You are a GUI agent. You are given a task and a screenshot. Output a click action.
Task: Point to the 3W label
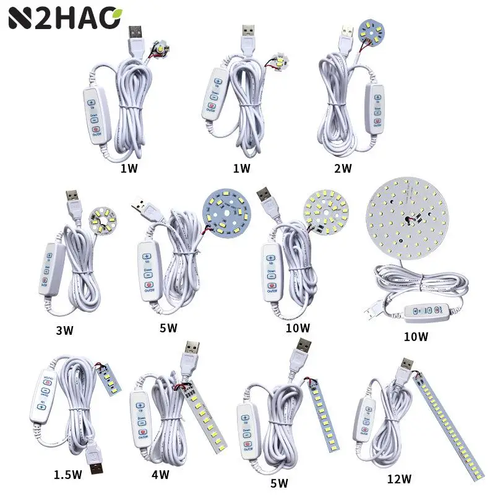(x=64, y=330)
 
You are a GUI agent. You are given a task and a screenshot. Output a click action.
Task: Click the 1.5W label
(x=67, y=476)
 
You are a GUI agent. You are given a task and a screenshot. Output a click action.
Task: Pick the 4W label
(x=160, y=475)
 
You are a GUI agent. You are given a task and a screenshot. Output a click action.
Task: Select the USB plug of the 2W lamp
(x=345, y=38)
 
